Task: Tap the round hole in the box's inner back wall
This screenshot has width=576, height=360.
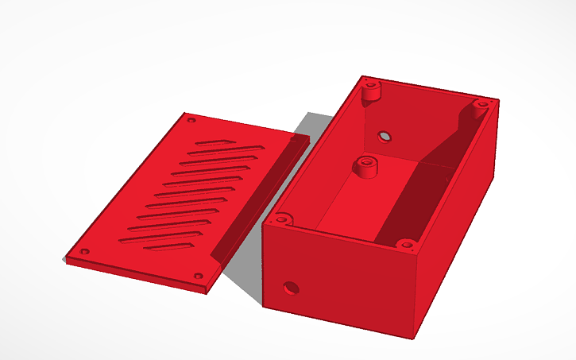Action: coord(385,136)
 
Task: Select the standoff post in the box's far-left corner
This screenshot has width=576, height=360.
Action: coord(369,89)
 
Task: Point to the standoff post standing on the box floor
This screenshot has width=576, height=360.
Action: coord(365,167)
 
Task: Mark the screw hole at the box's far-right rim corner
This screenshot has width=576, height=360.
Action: coord(481,104)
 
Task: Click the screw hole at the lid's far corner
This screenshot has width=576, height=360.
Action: coord(191,121)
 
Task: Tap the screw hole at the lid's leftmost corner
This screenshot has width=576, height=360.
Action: coord(84,253)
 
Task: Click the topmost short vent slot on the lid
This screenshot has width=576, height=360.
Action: coord(211,144)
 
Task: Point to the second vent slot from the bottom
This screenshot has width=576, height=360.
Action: coord(159,236)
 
